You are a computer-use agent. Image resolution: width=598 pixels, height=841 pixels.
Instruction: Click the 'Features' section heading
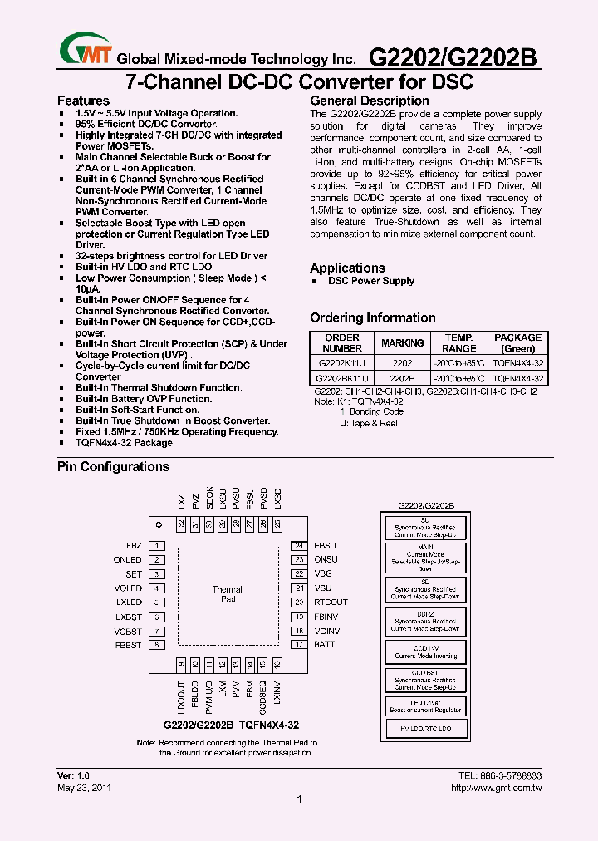point(83,101)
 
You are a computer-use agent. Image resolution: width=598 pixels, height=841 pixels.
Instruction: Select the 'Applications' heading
point(347,268)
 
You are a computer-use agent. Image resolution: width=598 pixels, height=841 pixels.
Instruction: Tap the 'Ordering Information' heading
point(372,317)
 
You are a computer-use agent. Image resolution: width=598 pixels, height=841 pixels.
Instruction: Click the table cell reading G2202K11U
point(342,363)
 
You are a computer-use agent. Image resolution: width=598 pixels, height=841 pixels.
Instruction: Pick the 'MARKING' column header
point(402,343)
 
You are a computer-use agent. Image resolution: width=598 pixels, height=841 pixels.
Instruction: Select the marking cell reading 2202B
point(402,377)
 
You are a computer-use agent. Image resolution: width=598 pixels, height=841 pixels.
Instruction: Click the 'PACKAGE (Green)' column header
point(517,343)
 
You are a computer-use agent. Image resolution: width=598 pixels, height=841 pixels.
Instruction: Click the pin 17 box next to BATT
point(299,644)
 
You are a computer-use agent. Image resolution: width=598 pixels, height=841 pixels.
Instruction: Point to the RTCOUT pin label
point(331,602)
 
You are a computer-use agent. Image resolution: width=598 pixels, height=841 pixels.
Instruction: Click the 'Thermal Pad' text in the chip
point(228,594)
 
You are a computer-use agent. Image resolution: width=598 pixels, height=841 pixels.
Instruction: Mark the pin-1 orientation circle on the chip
point(159,524)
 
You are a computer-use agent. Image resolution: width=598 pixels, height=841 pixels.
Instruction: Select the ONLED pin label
point(128,560)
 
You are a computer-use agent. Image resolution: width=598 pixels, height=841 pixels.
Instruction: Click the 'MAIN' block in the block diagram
point(425,558)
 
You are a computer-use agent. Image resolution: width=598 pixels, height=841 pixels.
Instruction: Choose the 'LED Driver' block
point(425,706)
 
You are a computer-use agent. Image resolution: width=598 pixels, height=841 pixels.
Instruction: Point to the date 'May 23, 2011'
point(84,788)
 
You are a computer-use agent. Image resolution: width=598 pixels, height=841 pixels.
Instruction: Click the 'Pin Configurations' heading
point(113,467)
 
